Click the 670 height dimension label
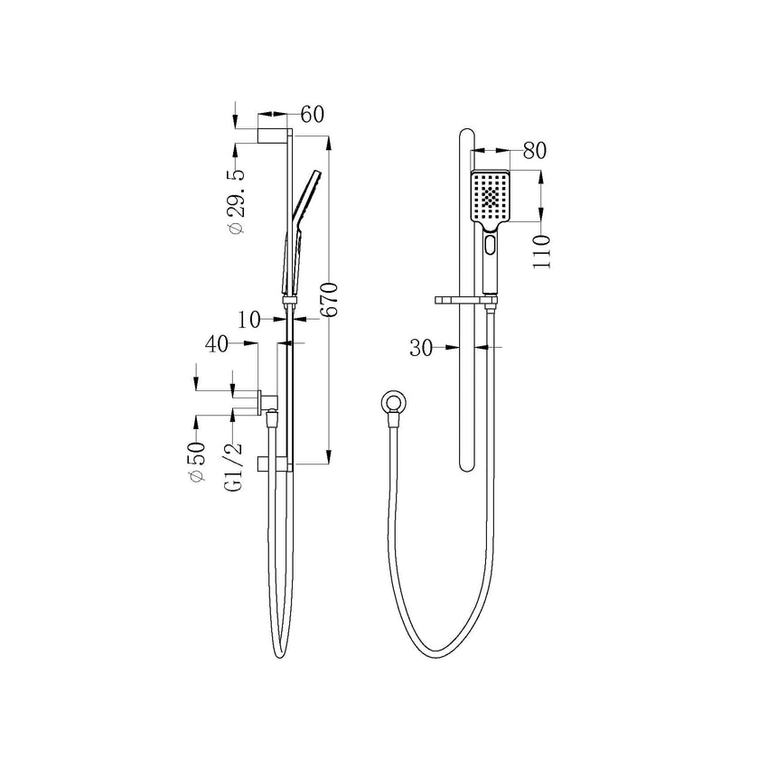coord(330,298)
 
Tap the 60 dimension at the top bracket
coord(312,114)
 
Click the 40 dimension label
coord(217,343)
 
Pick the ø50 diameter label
coord(197,464)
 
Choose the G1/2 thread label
coord(234,464)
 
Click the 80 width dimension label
coord(535,151)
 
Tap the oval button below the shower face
coord(490,244)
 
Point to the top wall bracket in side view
coord(272,136)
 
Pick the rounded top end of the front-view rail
coord(465,136)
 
